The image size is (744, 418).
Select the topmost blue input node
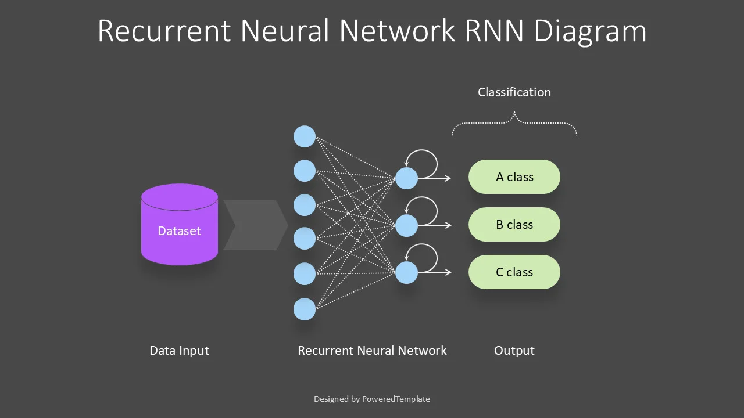(305, 137)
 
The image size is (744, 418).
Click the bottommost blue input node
(305, 309)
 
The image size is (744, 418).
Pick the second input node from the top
(305, 171)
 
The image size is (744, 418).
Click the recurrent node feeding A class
(406, 178)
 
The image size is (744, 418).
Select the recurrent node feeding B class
(406, 225)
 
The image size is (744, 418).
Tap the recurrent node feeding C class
(406, 273)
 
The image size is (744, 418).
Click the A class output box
(514, 177)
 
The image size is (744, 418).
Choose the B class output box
(514, 225)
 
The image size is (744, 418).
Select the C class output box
(514, 272)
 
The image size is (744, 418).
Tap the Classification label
(514, 92)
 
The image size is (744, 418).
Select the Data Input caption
(179, 351)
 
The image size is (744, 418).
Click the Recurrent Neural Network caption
(372, 351)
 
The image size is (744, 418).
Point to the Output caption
(514, 351)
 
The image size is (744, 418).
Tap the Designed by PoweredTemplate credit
(372, 399)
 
